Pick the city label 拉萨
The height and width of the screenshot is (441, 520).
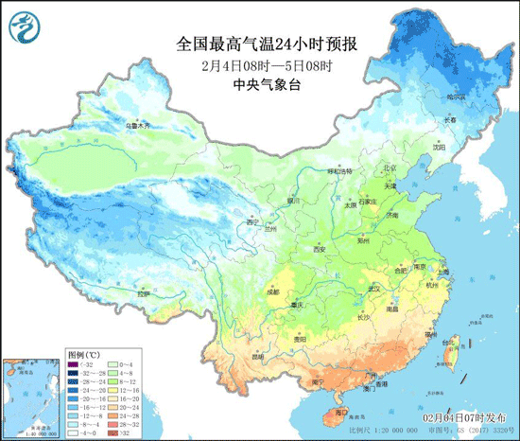[x=143, y=294]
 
